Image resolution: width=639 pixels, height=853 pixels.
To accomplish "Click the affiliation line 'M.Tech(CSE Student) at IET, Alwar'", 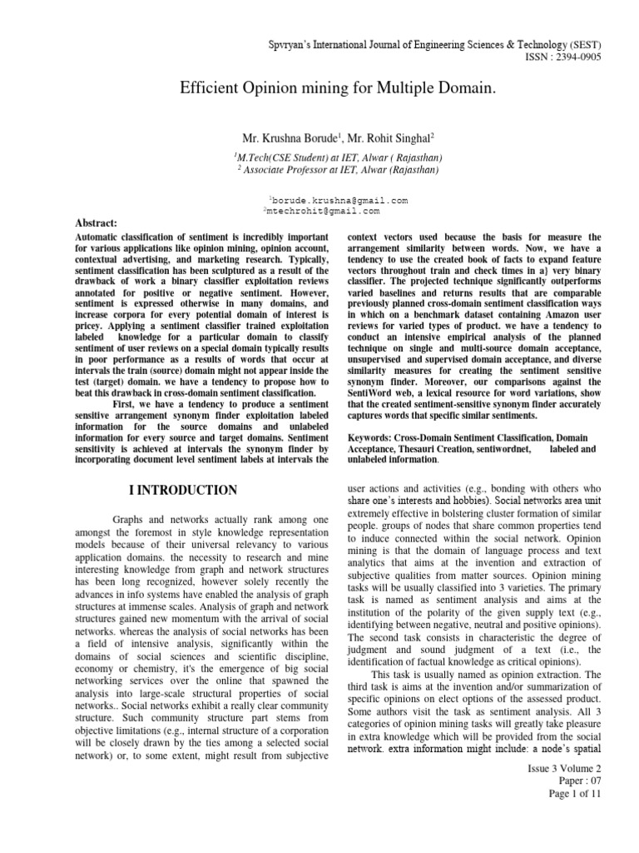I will point(325,157).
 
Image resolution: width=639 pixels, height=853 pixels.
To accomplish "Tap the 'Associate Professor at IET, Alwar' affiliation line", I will point(325,168).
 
